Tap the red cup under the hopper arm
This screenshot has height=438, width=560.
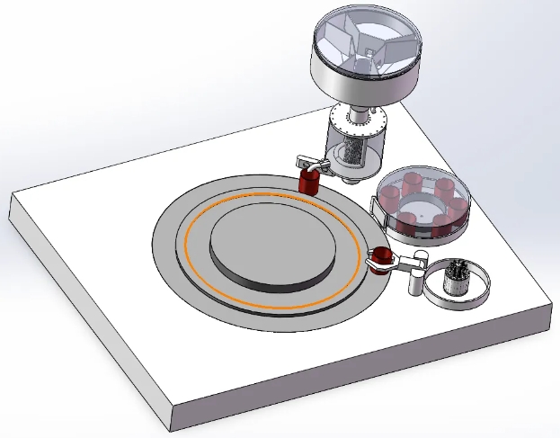pyautogui.click(x=310, y=183)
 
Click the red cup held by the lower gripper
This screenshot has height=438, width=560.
pyautogui.click(x=382, y=259)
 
